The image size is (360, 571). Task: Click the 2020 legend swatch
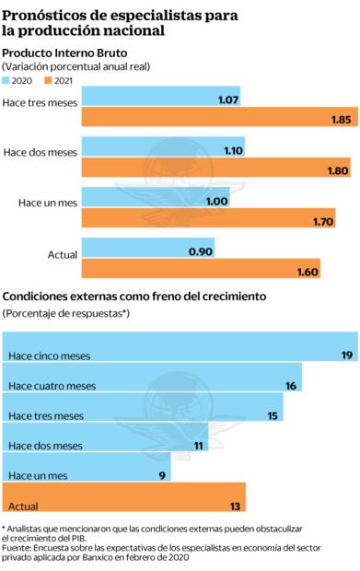tap(9, 81)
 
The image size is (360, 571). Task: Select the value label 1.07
tap(227, 99)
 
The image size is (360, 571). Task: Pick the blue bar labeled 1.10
tap(162, 149)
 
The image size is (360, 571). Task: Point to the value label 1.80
tap(337, 170)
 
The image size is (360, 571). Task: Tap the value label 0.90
tap(200, 251)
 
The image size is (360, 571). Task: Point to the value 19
tap(346, 355)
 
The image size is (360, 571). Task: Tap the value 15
tap(273, 415)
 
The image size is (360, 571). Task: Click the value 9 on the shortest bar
tap(162, 475)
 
